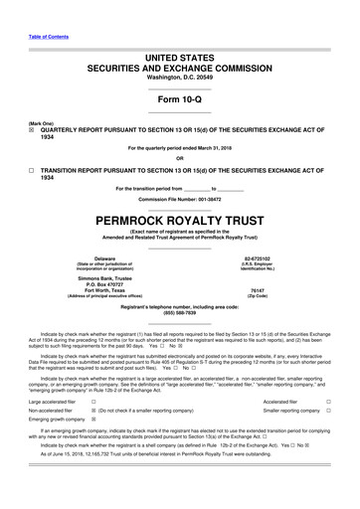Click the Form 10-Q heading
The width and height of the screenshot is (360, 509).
click(x=179, y=100)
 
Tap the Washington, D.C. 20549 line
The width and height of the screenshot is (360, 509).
click(x=179, y=77)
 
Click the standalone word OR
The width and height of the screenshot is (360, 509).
click(x=179, y=157)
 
